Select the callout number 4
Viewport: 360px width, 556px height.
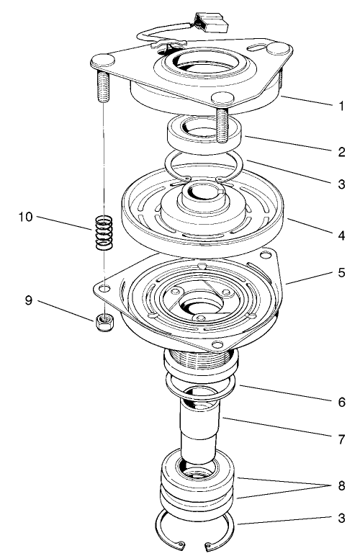(x=341, y=235)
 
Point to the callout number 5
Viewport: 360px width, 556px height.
(x=341, y=274)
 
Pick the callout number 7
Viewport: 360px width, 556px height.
(x=341, y=436)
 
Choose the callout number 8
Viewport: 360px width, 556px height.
(x=341, y=485)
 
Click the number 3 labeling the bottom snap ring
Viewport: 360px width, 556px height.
(x=341, y=517)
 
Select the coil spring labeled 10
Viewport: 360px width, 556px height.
(x=105, y=233)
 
